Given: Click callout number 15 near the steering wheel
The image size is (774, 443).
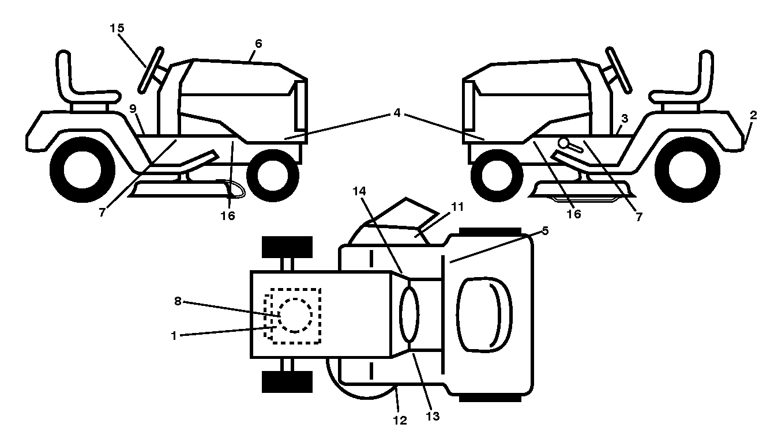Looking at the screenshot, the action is (117, 28).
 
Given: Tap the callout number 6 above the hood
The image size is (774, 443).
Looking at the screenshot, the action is (258, 44).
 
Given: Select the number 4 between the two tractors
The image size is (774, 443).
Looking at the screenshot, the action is (397, 113).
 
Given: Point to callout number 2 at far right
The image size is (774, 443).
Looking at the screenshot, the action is (753, 115).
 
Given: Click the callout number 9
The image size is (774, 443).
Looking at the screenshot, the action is (133, 109).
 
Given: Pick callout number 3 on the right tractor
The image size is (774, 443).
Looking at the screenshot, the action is (625, 119).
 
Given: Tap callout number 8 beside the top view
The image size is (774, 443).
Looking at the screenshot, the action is (178, 301).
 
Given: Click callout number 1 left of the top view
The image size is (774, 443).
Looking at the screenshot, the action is (174, 335).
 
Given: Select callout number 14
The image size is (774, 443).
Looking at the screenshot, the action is (359, 191).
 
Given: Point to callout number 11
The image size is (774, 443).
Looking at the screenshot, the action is (457, 207).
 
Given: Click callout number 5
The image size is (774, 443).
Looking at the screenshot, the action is (545, 231).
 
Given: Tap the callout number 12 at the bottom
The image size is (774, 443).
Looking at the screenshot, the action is (400, 420).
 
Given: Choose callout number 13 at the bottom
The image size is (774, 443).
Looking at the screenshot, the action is (433, 417).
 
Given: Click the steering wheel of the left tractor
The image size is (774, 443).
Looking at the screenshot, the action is (151, 70).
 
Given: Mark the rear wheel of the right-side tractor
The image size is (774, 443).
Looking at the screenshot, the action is (687, 170).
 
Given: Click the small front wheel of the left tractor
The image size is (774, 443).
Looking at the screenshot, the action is (273, 175).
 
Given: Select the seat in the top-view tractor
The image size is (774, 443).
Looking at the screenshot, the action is (484, 315).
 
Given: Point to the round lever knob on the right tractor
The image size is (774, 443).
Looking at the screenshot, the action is (563, 143).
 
